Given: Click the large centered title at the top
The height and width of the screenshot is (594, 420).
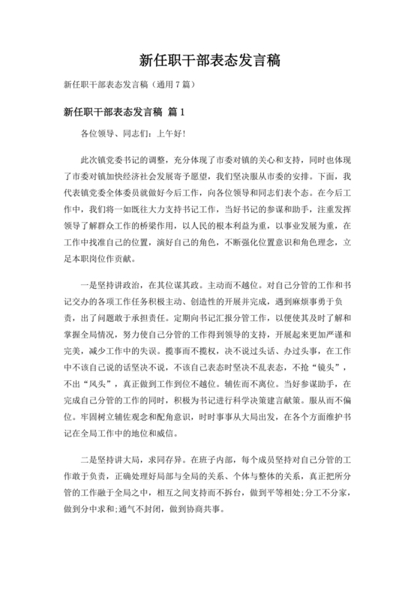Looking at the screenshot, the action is point(210,59).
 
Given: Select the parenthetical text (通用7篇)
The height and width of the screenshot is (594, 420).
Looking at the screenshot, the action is point(175,85).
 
